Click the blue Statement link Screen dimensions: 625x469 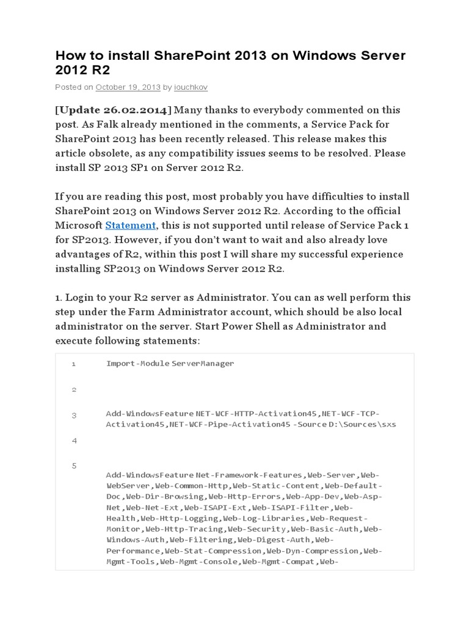pyautogui.click(x=131, y=225)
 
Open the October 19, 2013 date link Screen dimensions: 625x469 pyautogui.click(x=128, y=87)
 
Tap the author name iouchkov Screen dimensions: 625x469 pyautogui.click(x=191, y=87)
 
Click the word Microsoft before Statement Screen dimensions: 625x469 pyautogui.click(x=78, y=225)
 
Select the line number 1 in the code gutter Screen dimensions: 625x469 pyautogui.click(x=73, y=364)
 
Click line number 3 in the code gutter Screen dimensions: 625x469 pyautogui.click(x=73, y=416)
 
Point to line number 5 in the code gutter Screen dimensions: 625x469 pyautogui.click(x=73, y=466)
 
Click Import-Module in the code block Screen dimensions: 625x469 pyautogui.click(x=137, y=363)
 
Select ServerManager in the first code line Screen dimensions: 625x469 pyautogui.click(x=203, y=363)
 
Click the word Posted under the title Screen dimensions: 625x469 pyautogui.click(x=67, y=87)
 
